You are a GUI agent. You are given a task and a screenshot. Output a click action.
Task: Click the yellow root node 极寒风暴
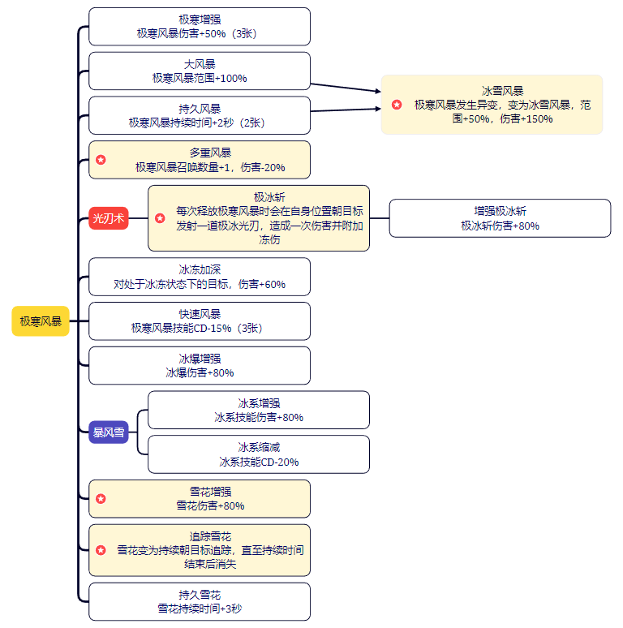[41, 321]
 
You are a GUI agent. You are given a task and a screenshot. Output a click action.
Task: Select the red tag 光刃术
[109, 218]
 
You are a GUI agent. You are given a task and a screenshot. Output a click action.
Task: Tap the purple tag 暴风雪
[109, 432]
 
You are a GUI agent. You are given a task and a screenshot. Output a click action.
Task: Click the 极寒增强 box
[200, 27]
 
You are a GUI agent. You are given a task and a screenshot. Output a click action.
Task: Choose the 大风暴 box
[200, 71]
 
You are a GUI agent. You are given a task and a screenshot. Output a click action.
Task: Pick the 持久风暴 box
[200, 115]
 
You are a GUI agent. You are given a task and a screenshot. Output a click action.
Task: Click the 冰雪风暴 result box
[492, 105]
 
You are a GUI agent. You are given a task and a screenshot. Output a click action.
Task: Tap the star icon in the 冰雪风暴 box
[397, 105]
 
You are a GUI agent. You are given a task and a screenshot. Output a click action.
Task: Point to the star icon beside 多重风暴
[101, 160]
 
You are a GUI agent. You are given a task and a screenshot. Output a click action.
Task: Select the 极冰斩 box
[259, 218]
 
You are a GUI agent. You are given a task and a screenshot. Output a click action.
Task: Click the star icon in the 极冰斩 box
[160, 218]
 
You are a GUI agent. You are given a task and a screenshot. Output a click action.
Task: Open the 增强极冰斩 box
[500, 218]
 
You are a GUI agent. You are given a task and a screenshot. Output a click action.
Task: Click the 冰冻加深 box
[200, 277]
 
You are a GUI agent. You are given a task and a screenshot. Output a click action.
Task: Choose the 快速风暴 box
[200, 321]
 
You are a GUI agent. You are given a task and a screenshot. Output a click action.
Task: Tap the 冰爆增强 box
[200, 365]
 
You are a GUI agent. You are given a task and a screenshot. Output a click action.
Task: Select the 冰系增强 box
[259, 410]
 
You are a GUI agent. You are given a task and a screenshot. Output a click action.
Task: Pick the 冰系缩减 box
[259, 454]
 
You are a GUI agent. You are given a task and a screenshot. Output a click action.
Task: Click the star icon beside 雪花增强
[101, 498]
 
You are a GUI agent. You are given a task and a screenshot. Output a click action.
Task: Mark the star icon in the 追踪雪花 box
[101, 550]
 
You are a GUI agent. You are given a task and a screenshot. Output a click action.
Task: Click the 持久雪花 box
[200, 601]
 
